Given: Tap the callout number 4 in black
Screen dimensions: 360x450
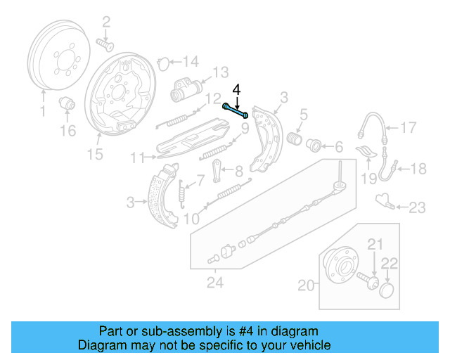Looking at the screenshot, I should coord(236,89).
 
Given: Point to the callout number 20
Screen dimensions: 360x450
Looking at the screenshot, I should coord(304,285).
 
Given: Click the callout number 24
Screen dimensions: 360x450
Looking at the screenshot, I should coord(214,284).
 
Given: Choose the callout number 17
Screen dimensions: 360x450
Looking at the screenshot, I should coord(409,127).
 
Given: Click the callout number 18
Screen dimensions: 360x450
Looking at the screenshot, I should coord(418,168).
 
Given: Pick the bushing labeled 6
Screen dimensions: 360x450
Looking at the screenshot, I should coord(314,146).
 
